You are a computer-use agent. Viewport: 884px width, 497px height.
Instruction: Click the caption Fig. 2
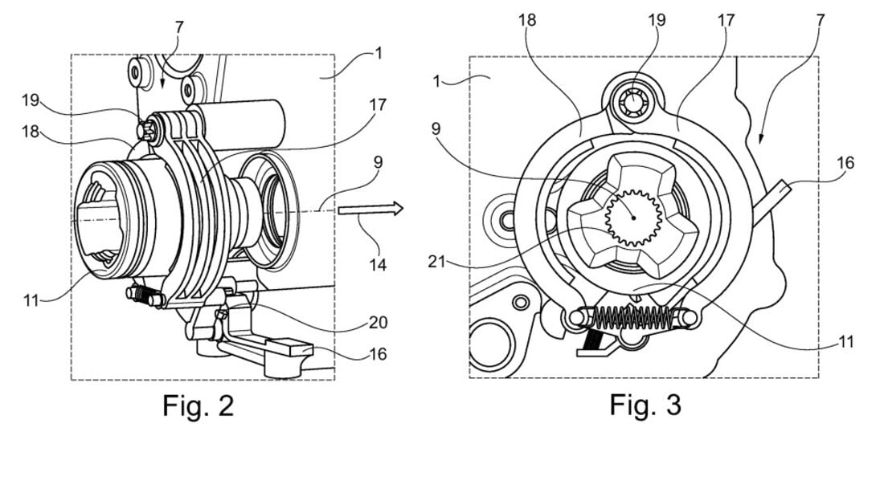[x=198, y=405]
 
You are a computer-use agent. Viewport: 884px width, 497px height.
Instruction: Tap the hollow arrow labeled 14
[x=370, y=210]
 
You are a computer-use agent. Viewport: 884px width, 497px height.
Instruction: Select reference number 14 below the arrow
[x=374, y=263]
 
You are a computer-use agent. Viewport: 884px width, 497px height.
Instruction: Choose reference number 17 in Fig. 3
[x=726, y=19]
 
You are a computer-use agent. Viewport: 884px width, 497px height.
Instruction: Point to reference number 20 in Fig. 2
[x=378, y=323]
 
